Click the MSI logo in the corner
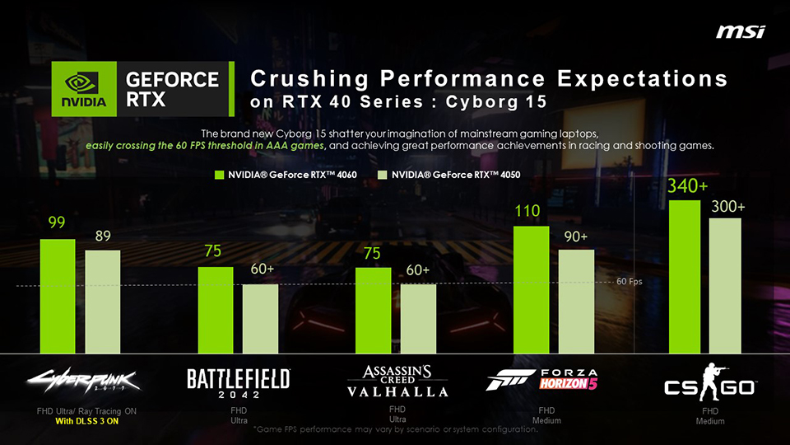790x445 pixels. click(740, 31)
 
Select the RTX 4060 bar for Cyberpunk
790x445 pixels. click(58, 296)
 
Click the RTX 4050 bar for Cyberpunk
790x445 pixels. click(103, 302)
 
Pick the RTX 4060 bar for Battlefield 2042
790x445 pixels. click(216, 309)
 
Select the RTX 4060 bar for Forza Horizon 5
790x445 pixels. click(531, 289)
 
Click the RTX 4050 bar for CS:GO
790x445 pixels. click(725, 285)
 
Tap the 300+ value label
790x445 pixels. click(728, 206)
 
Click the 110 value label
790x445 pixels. click(527, 212)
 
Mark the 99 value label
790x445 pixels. click(57, 223)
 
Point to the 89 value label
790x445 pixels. click(103, 237)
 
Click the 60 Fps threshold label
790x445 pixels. click(630, 281)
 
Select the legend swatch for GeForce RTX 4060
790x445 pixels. click(220, 176)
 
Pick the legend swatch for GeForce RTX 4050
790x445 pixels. click(383, 176)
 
